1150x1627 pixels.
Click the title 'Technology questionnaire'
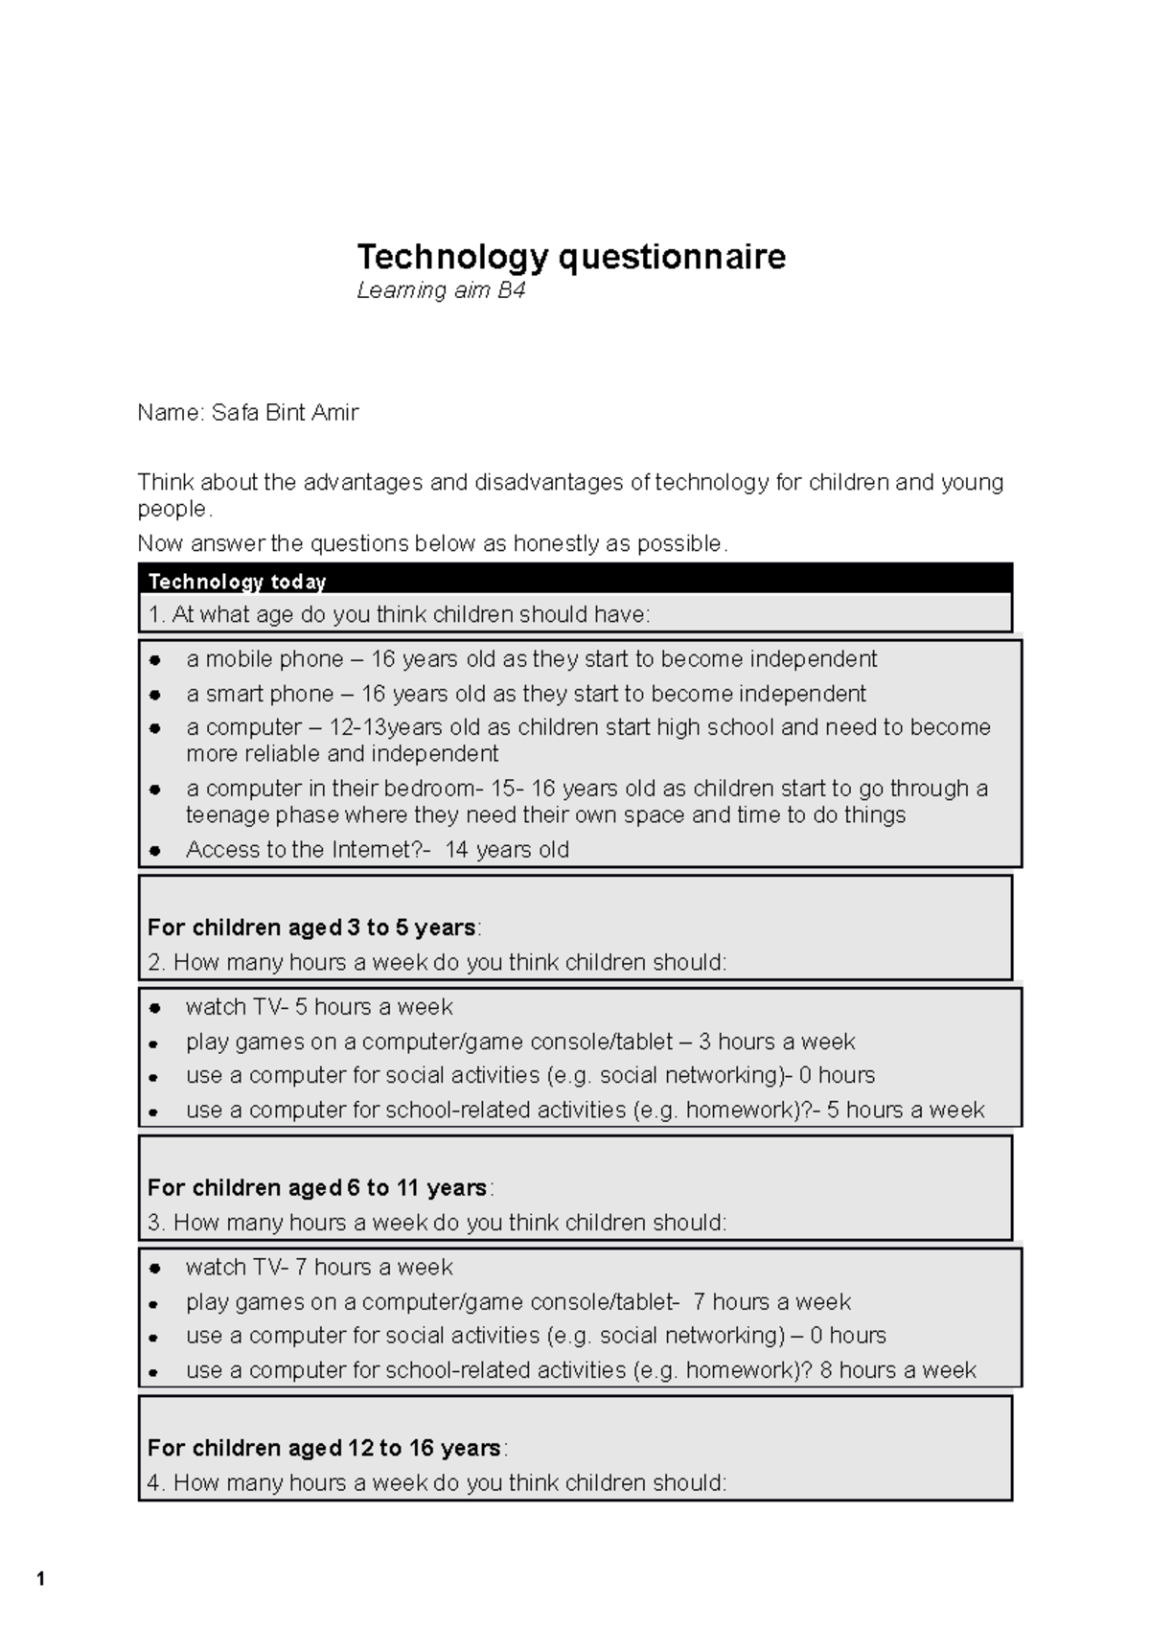tap(571, 257)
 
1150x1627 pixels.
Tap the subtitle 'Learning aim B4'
tap(441, 290)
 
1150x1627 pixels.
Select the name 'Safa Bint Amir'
tap(285, 413)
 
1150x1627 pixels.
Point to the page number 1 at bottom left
tap(40, 1579)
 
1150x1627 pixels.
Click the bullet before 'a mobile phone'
tap(154, 660)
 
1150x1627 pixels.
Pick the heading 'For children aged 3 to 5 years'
tap(311, 928)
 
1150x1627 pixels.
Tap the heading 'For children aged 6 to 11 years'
tap(317, 1188)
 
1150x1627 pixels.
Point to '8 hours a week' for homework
tap(898, 1370)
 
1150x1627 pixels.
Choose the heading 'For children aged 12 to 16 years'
tap(324, 1448)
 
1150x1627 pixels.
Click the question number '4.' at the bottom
tap(157, 1483)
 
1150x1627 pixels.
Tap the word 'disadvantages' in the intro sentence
tap(549, 482)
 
